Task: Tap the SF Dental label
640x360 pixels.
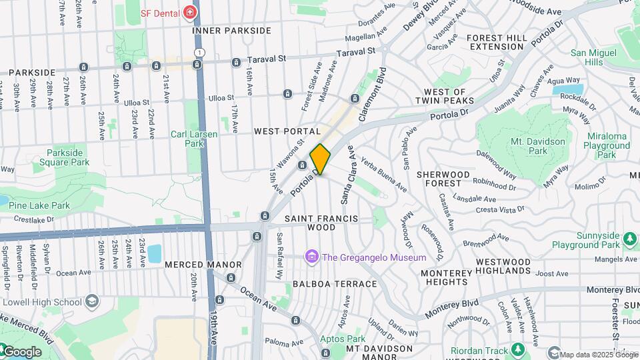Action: point(160,13)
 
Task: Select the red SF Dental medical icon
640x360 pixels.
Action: point(190,13)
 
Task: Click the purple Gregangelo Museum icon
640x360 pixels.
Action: point(311,257)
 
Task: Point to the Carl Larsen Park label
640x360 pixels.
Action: point(193,139)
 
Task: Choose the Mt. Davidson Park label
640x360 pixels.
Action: point(538,147)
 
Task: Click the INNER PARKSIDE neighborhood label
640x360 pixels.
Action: point(231,31)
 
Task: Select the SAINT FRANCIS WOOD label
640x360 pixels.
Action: point(321,223)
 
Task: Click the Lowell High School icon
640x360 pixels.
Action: point(91,302)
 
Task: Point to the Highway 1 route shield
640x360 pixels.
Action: point(198,51)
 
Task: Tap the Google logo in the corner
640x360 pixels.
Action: point(21,351)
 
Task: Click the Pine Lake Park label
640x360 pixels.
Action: point(39,205)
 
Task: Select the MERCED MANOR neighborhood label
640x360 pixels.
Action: point(194,265)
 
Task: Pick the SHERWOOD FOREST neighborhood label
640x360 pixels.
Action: point(443,179)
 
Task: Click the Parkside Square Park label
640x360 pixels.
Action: point(68,157)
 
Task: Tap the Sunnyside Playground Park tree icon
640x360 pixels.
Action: point(629,237)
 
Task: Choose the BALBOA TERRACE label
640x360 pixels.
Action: point(335,284)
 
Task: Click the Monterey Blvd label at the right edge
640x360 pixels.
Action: point(613,290)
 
